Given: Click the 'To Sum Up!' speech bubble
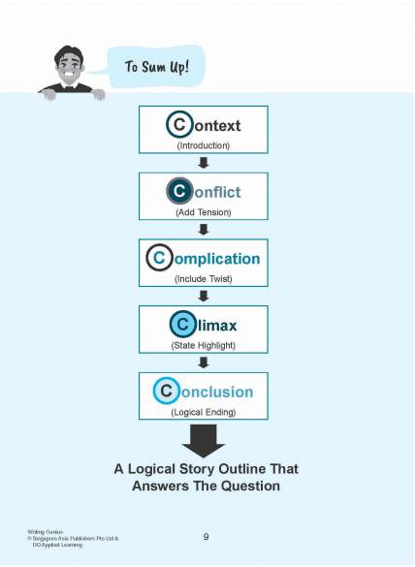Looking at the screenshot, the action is tap(156, 67).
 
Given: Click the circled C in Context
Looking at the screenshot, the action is tap(179, 125).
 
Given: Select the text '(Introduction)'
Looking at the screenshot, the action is tap(204, 145).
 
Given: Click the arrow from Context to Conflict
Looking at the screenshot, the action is tap(204, 163).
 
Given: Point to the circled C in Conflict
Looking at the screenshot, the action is tap(179, 191).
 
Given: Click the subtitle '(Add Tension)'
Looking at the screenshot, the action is tap(204, 212).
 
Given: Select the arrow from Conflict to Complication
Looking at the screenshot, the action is tap(204, 230).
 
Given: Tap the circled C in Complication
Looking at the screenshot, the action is tap(159, 258).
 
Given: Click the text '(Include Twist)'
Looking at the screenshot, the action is tap(204, 279).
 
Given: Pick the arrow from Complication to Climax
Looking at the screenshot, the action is tap(204, 296).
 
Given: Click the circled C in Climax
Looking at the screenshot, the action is tap(182, 325).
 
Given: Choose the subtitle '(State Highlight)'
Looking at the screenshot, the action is tap(204, 345).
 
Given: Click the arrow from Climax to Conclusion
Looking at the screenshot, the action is tap(204, 362).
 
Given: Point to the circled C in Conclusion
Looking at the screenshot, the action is tap(166, 391).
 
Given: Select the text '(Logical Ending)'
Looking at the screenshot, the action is tap(204, 412).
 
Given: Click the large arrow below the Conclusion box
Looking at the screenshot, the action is tap(204, 441).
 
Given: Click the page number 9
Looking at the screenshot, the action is tap(206, 537).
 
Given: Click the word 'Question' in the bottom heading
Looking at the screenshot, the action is tap(250, 486).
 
